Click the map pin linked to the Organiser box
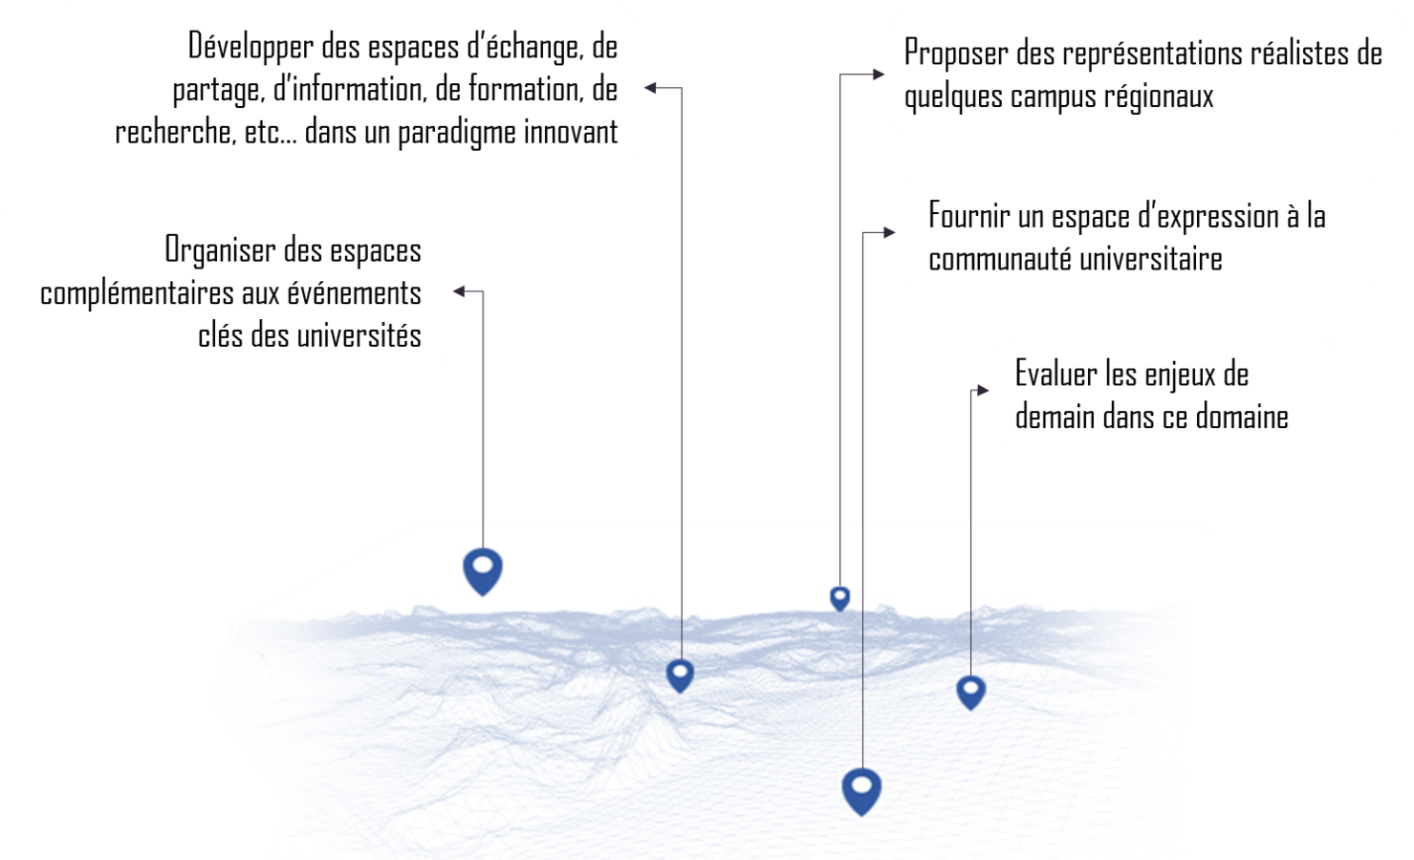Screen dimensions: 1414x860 [x=483, y=570]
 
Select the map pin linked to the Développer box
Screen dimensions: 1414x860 [x=680, y=675]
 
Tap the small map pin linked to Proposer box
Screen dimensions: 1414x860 [x=839, y=598]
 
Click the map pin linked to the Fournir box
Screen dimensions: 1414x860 [x=861, y=790]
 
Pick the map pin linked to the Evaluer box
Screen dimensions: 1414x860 [x=970, y=691]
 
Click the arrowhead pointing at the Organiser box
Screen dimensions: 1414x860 [x=458, y=290]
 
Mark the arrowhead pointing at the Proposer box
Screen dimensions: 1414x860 [x=881, y=74]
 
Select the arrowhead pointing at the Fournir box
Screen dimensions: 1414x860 [x=890, y=232]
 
